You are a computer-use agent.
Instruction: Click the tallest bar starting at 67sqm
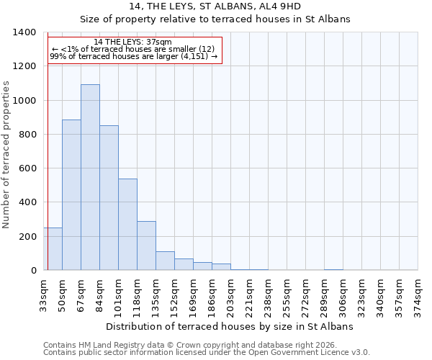point(90,177)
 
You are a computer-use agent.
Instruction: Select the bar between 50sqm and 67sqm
point(71,194)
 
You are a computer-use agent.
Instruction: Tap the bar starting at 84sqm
point(109,198)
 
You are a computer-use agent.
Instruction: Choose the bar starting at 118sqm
point(146,246)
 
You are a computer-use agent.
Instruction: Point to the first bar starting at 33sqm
point(53,249)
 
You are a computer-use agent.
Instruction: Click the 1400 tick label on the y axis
point(24,32)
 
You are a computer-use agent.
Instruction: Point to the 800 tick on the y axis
point(27,135)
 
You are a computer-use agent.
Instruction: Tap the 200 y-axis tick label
point(27,237)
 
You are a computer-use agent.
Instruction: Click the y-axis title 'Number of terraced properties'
point(6,154)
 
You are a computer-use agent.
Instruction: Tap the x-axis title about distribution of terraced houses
point(230,326)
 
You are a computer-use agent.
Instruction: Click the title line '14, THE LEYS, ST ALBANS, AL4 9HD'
point(215,6)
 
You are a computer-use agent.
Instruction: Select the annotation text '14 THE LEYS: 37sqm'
point(133,42)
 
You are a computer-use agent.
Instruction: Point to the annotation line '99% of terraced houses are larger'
point(133,56)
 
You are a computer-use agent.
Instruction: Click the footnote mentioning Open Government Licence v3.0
point(207,353)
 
